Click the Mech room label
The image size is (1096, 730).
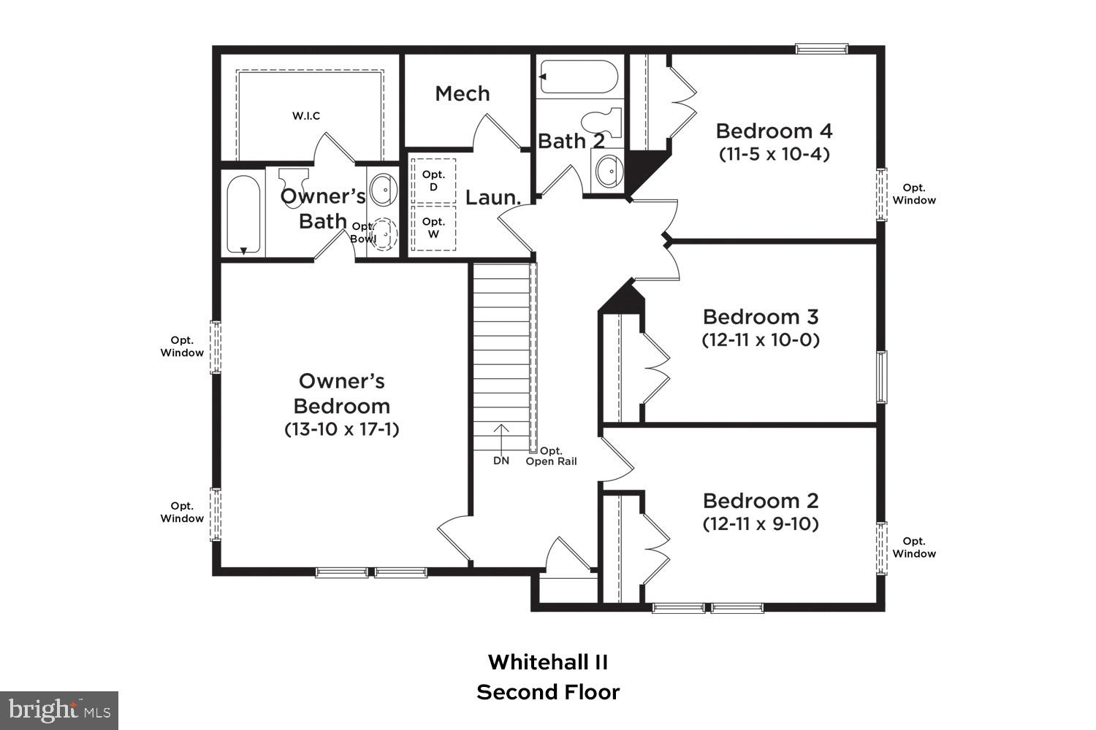point(462,93)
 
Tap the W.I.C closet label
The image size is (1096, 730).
point(306,116)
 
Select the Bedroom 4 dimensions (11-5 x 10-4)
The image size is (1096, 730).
point(774,154)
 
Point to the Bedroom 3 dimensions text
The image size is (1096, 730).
point(761,339)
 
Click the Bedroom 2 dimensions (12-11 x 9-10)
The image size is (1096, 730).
point(761,523)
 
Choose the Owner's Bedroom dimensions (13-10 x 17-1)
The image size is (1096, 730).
point(342,429)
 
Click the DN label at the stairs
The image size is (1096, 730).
point(501,461)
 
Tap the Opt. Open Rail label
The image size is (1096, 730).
point(552,456)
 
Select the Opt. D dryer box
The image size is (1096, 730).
point(433,180)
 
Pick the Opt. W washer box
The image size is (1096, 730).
point(433,228)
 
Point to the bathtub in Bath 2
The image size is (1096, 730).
point(578,77)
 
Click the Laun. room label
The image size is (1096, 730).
point(493,197)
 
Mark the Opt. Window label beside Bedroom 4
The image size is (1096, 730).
point(913,194)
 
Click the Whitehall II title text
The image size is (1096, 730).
point(548,662)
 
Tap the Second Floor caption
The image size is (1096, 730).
point(548,692)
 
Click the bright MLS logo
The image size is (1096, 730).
point(59,709)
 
